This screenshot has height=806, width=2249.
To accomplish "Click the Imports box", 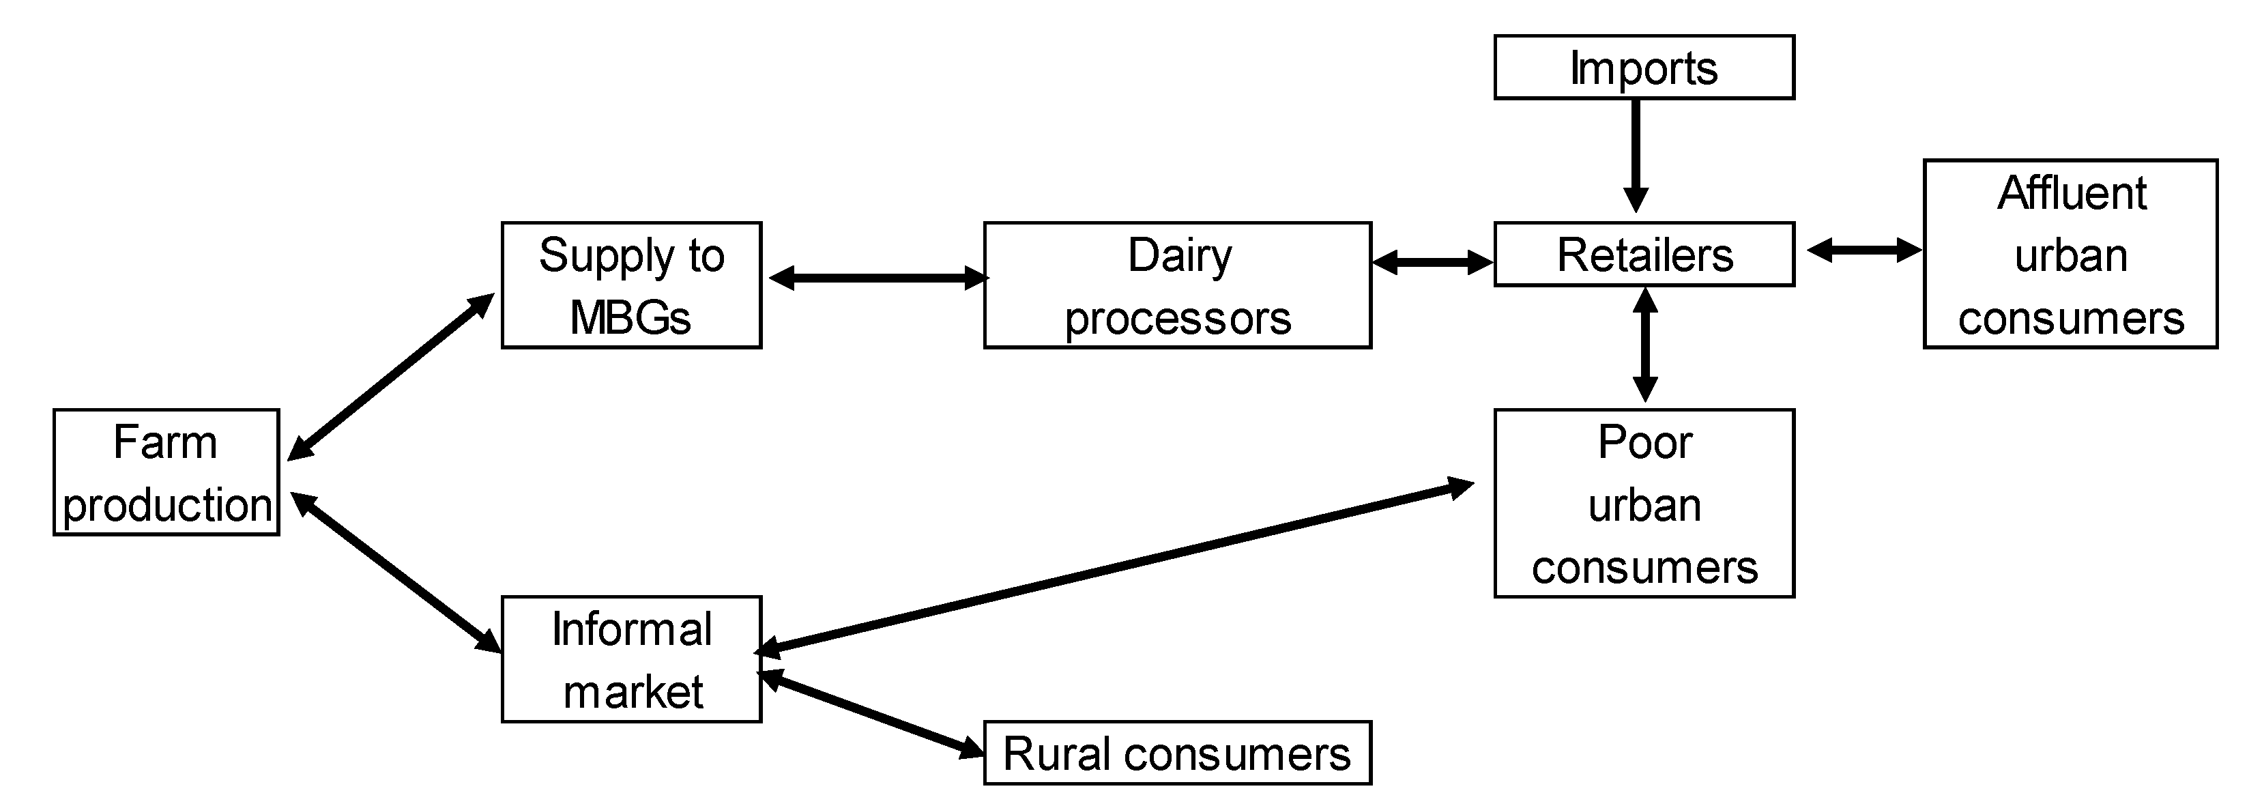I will click(x=1643, y=68).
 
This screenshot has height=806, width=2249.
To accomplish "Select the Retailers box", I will click(x=1643, y=254).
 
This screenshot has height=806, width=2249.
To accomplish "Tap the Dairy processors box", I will click(x=1177, y=285).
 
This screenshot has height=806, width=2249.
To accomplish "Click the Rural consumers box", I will click(x=1177, y=753).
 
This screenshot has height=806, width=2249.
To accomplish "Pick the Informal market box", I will click(x=631, y=659).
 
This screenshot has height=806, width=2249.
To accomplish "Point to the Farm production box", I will click(x=166, y=472).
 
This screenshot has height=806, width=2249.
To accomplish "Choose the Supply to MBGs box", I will click(x=631, y=285).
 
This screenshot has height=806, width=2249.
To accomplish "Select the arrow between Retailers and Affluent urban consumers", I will click(x=1864, y=250).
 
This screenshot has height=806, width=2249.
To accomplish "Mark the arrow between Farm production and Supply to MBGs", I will click(x=390, y=377).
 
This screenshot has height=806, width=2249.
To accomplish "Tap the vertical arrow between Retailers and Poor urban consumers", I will click(x=1645, y=345).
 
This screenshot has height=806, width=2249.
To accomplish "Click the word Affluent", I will click(x=2071, y=193).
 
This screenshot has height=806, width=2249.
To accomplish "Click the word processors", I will click(x=1177, y=318).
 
